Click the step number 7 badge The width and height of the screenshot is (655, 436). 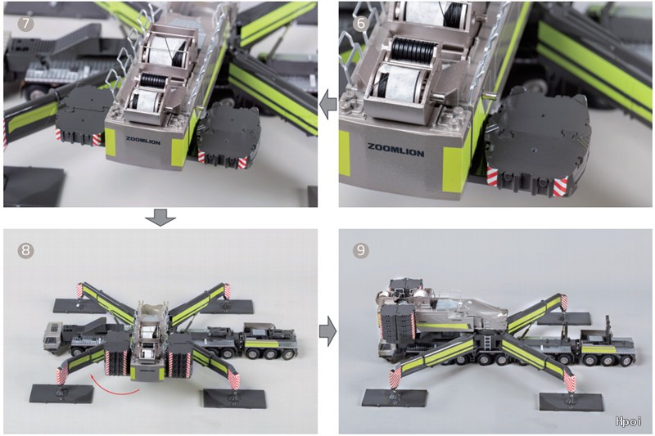(26, 24)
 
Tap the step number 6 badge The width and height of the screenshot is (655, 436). (361, 24)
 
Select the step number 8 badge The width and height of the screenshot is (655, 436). (26, 250)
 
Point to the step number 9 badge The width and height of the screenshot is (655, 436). (361, 250)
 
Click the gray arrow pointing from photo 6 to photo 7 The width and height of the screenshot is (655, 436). (328, 103)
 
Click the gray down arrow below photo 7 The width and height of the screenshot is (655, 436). (160, 218)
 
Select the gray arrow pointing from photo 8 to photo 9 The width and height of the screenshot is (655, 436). (328, 330)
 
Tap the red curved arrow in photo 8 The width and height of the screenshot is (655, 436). (114, 386)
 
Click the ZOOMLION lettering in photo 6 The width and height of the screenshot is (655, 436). (395, 150)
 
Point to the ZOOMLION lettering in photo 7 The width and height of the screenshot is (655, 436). (142, 141)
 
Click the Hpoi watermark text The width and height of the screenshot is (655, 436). (628, 421)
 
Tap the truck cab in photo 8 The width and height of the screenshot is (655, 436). (54, 338)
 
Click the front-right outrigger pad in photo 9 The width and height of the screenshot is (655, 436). (571, 402)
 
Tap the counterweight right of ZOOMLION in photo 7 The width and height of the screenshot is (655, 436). (229, 134)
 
